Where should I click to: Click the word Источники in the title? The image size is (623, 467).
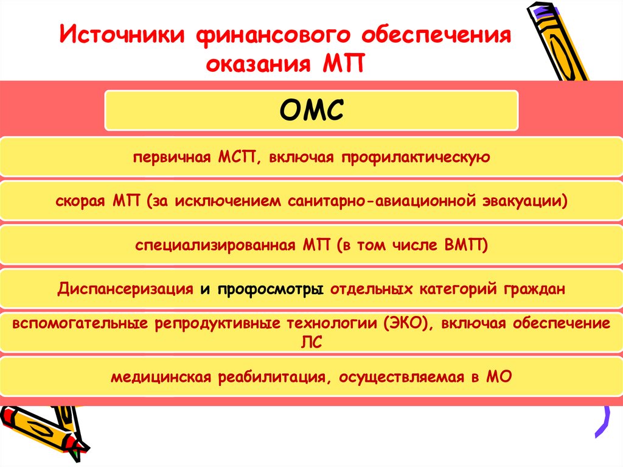click(x=119, y=36)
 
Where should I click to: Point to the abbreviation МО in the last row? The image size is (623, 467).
click(x=499, y=377)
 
